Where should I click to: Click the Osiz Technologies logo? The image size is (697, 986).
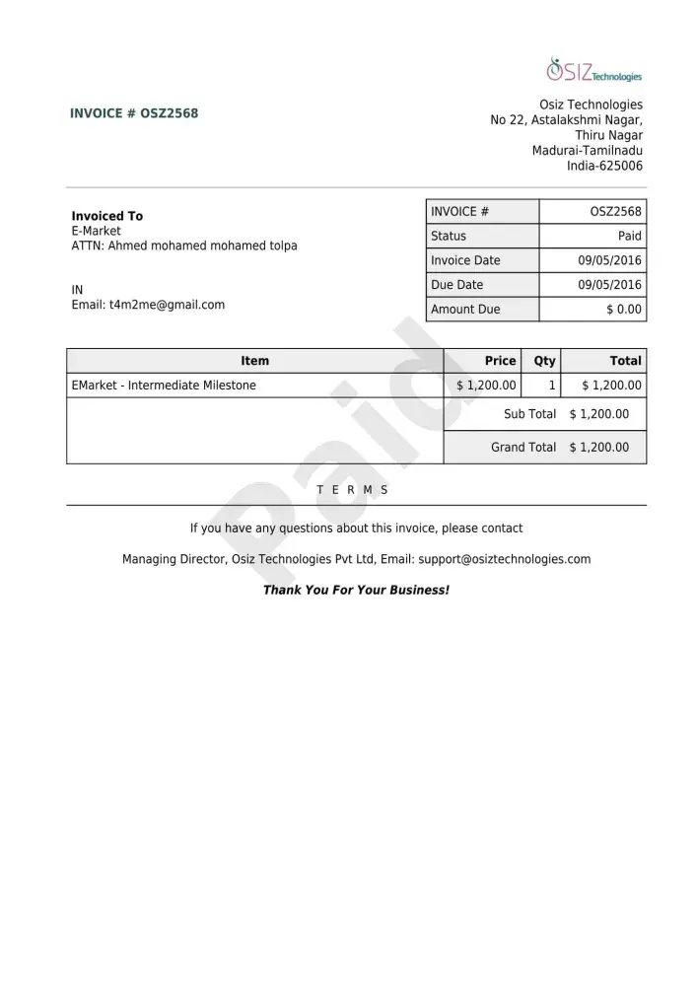pos(593,70)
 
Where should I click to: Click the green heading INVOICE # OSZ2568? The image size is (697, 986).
pos(134,113)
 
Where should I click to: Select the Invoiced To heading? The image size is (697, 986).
pos(106,216)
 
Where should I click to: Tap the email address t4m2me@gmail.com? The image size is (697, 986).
pos(167,305)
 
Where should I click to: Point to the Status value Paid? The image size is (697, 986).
pos(629,236)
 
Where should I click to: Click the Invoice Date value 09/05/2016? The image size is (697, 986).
pos(609,260)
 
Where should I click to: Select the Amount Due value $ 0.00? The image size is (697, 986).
pos(624,310)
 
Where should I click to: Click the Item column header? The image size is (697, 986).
pos(254,361)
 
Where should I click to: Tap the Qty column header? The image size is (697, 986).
pos(544,361)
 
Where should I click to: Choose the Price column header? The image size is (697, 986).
pos(500,361)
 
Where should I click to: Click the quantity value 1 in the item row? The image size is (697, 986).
pos(552,386)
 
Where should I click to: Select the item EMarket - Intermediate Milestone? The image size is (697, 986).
pos(164,386)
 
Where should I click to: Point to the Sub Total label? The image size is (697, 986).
pos(529,414)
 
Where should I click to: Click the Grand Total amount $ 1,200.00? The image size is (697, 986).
pos(598,447)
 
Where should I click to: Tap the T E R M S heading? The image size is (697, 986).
pos(352,490)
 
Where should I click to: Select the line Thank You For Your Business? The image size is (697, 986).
pos(356,590)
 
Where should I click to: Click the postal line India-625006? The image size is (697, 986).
pos(604,166)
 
